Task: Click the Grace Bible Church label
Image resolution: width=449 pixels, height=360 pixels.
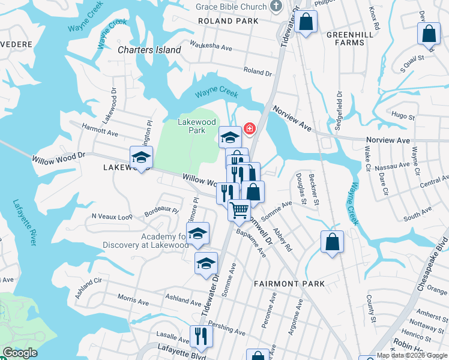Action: (232, 7)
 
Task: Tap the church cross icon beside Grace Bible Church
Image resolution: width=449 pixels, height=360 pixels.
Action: (276, 7)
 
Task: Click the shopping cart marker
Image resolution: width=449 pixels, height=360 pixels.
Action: (239, 210)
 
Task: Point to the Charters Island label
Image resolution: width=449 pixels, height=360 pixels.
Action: (149, 50)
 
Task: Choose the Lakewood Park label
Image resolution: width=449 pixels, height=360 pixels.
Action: (196, 125)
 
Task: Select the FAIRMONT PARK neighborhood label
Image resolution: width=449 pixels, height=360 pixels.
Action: (289, 284)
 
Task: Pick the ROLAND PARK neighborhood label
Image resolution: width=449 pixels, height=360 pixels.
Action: (229, 21)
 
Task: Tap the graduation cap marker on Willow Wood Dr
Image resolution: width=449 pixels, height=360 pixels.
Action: (142, 158)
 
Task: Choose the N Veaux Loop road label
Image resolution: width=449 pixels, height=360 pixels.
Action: (112, 216)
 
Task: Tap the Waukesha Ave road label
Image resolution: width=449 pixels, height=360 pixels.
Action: (211, 46)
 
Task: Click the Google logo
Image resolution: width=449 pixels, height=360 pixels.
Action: (20, 353)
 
